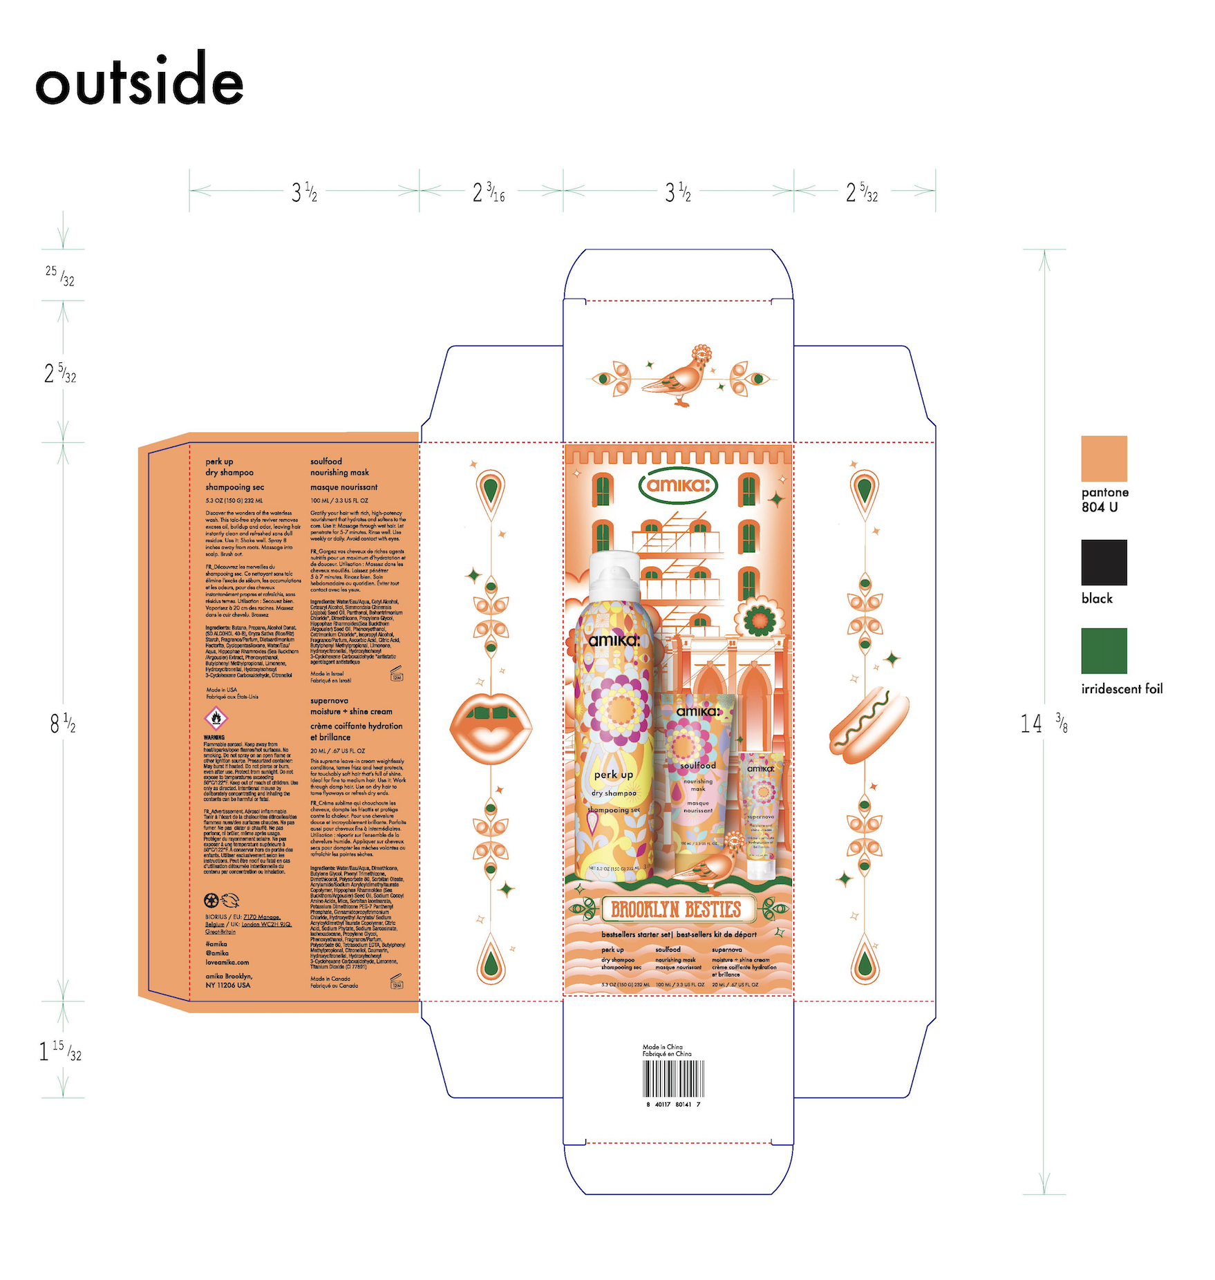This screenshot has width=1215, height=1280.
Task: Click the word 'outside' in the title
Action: (140, 81)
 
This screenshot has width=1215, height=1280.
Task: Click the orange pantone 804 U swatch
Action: (1103, 458)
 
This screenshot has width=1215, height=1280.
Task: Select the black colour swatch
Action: (1103, 562)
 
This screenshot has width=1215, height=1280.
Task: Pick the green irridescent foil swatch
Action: (1103, 650)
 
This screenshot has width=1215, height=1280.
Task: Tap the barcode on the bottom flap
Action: (673, 1079)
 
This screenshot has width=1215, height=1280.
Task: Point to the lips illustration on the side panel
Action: (491, 726)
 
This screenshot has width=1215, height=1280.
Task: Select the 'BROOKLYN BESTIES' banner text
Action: (676, 909)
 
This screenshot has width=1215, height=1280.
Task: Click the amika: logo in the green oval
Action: (678, 485)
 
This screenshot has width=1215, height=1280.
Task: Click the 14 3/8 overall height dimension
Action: (1044, 724)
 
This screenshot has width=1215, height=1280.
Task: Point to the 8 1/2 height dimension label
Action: (62, 724)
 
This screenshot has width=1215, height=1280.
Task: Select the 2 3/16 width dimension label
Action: (489, 192)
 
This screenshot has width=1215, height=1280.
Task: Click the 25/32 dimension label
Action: (60, 276)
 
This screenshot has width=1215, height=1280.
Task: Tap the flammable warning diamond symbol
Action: (216, 718)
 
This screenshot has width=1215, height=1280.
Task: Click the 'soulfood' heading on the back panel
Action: (326, 461)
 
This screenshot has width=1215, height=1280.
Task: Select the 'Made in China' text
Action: (662, 1047)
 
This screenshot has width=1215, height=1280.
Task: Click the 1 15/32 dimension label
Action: (61, 1051)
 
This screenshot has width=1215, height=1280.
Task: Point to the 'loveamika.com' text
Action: (227, 962)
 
